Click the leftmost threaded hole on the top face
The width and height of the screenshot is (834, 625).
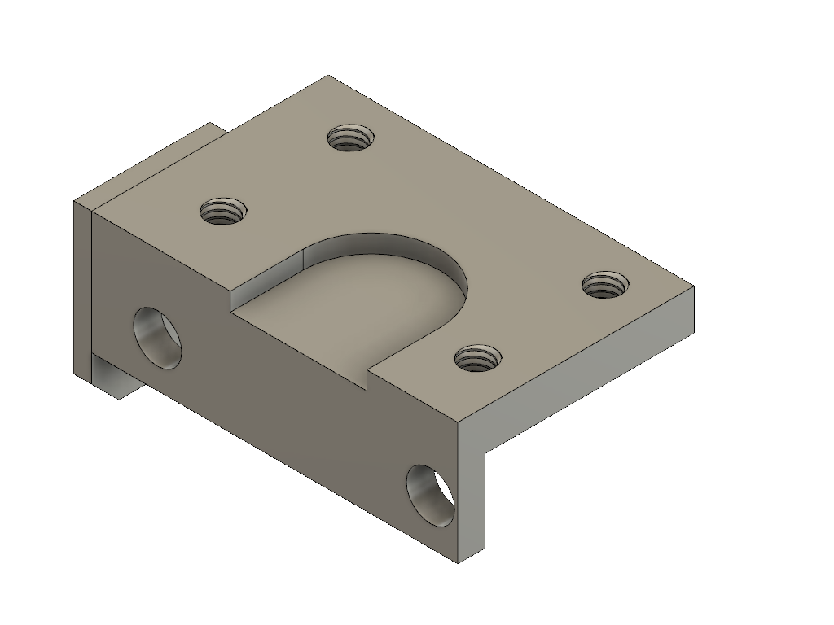[223, 212]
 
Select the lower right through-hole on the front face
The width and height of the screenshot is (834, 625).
[432, 493]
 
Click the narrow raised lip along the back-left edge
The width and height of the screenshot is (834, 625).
[155, 163]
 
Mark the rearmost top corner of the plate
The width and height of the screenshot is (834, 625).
[328, 76]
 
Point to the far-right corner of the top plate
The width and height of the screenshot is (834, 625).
[693, 287]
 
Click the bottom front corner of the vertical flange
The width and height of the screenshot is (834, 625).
[457, 562]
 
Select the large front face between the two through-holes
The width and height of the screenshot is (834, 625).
[293, 391]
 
